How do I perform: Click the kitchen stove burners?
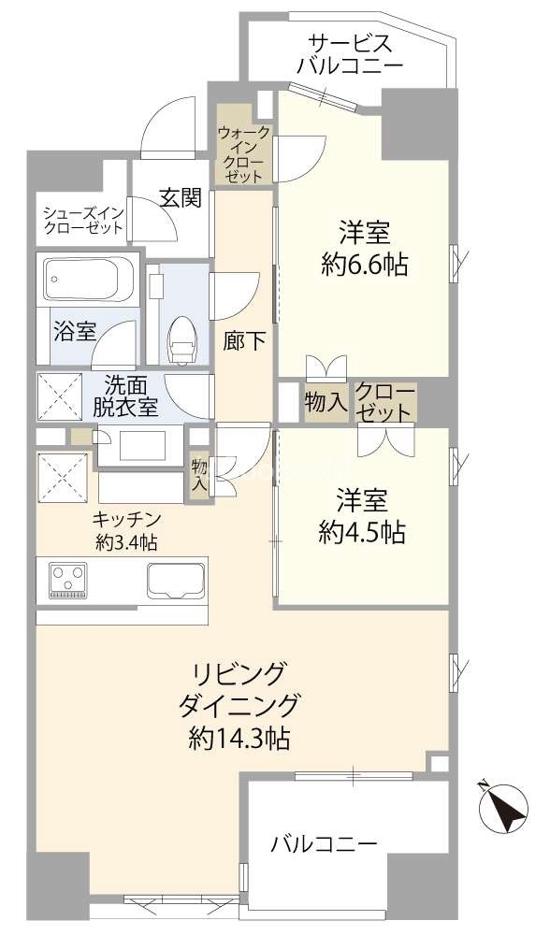(66, 579)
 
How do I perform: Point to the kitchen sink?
(176, 581)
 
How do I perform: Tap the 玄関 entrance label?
(180, 197)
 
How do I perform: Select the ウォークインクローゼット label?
(243, 154)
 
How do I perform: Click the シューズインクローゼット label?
(83, 220)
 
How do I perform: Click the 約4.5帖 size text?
(361, 531)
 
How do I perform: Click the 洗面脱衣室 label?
(125, 396)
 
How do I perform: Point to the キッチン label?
(126, 517)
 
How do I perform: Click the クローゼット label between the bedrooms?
(384, 402)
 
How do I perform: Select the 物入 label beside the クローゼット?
(326, 402)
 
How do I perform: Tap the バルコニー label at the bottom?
(325, 843)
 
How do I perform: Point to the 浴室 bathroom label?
(75, 332)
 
